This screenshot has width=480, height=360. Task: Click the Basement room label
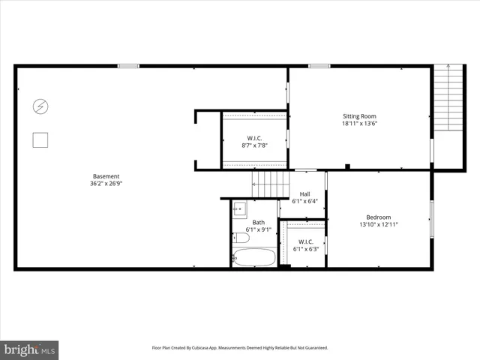(106, 176)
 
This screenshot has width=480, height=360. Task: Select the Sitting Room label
(359, 116)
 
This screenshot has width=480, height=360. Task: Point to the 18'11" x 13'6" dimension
(359, 124)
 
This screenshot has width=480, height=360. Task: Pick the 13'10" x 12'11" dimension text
(378, 224)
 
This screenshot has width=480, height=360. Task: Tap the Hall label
(304, 193)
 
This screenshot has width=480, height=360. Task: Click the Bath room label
(258, 222)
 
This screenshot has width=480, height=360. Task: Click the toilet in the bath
(241, 238)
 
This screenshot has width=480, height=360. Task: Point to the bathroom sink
(240, 208)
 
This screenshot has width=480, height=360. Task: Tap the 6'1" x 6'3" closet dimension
(304, 249)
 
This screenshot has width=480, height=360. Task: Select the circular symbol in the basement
(40, 107)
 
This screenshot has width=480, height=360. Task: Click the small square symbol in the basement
(40, 139)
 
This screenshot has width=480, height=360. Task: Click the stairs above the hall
(270, 183)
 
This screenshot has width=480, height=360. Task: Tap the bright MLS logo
(30, 349)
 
